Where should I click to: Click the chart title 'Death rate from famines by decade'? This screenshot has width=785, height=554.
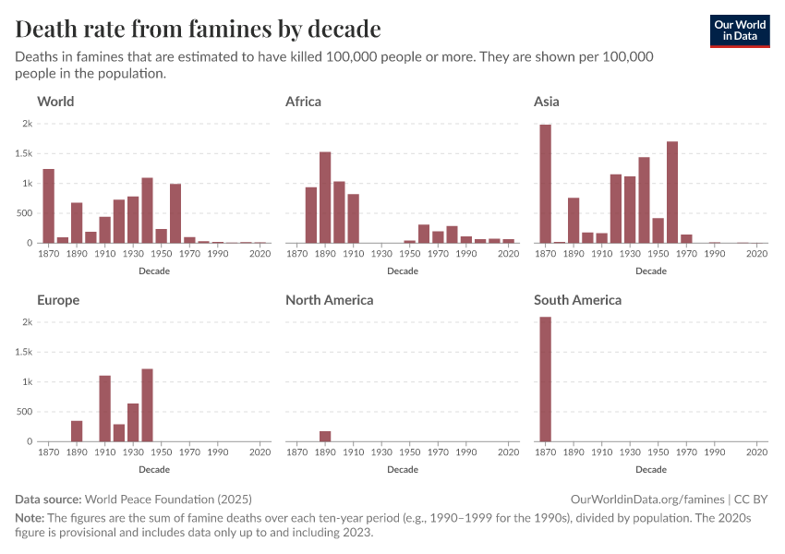tap(198, 29)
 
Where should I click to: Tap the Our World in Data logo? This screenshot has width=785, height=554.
tap(739, 30)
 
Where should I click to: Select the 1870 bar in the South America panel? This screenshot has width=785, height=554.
tap(545, 379)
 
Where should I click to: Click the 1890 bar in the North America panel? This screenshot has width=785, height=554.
tap(325, 436)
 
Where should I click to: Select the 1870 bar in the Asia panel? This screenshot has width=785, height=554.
tap(545, 184)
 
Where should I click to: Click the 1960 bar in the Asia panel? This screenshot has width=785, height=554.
tap(672, 192)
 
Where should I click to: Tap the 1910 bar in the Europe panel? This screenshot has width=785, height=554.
tap(104, 408)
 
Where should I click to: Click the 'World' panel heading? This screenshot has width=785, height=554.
tap(55, 102)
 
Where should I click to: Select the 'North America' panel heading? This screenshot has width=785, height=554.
tap(329, 300)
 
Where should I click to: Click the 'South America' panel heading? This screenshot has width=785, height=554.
tap(577, 300)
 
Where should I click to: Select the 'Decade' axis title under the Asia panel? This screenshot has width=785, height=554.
tap(651, 271)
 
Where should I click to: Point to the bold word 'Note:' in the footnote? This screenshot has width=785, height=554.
tap(30, 518)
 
